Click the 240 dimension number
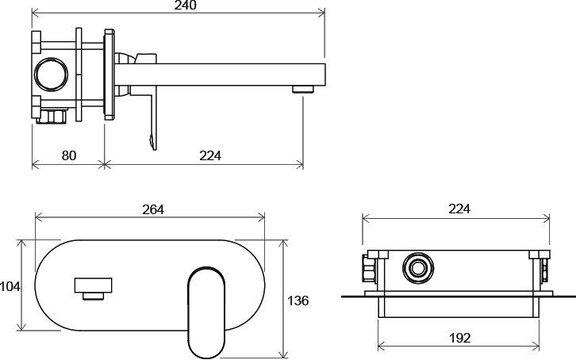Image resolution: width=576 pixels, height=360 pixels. pyautogui.click(x=186, y=5)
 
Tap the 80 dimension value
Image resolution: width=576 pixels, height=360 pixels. pyautogui.click(x=69, y=155)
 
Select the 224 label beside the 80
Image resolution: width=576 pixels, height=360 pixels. pyautogui.click(x=210, y=155)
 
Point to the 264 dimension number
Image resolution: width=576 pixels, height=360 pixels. pyautogui.click(x=153, y=209)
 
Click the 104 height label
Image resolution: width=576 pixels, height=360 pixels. pyautogui.click(x=10, y=286)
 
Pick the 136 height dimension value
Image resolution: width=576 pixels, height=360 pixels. pyautogui.click(x=298, y=301)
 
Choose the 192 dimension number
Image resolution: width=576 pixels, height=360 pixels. pyautogui.click(x=460, y=338)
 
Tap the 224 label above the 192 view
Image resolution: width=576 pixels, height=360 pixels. pyautogui.click(x=459, y=209)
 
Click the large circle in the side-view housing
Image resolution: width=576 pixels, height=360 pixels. pyautogui.click(x=51, y=74)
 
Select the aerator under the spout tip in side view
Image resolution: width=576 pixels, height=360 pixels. pyautogui.click(x=303, y=89)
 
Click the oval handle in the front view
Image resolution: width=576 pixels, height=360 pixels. pyautogui.click(x=206, y=312)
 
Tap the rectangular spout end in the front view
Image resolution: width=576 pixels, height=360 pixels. pyautogui.click(x=94, y=285)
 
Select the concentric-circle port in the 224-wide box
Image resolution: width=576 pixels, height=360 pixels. pyautogui.click(x=418, y=268)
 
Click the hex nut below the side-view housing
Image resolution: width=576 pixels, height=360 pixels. pyautogui.click(x=52, y=116)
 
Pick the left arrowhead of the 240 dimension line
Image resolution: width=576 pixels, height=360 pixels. pyautogui.click(x=35, y=13)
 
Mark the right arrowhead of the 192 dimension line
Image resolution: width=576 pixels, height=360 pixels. pyautogui.click(x=536, y=346)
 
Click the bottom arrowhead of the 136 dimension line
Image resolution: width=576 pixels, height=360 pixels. pyautogui.click(x=283, y=354)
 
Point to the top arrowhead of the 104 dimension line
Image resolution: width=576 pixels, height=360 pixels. pyautogui.click(x=22, y=243)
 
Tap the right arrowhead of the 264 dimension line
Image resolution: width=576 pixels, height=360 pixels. pyautogui.click(x=261, y=217)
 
